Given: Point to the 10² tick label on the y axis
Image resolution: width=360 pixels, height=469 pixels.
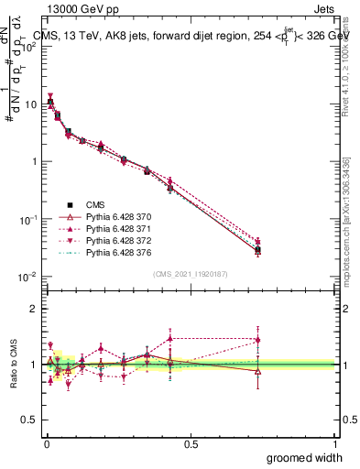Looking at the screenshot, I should click(28, 48).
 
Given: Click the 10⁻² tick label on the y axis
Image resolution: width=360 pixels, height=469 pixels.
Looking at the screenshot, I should click(28, 277).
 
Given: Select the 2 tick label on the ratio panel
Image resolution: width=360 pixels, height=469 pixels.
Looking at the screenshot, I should click(35, 309).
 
